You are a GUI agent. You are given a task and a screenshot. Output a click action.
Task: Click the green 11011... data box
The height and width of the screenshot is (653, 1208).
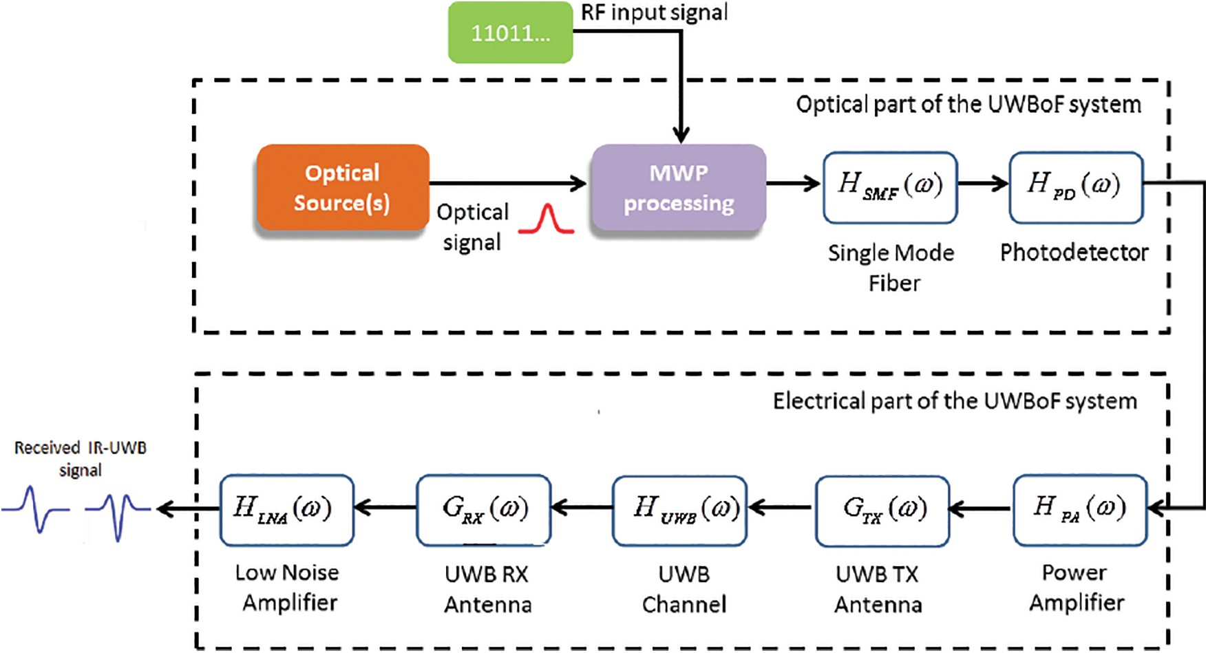tap(510, 32)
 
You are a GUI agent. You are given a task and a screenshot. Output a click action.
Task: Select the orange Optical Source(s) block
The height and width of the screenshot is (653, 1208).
tap(342, 187)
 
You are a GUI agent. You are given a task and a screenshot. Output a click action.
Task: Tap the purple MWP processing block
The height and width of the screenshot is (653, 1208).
tap(679, 187)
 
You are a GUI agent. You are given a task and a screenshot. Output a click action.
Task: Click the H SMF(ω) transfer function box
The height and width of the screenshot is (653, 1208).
tap(890, 187)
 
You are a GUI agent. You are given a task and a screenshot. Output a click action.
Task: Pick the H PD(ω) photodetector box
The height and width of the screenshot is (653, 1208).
tap(1076, 187)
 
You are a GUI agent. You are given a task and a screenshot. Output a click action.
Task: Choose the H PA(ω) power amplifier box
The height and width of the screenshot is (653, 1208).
tap(1079, 509)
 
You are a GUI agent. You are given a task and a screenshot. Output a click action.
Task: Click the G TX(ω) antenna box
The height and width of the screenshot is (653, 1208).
tap(882, 510)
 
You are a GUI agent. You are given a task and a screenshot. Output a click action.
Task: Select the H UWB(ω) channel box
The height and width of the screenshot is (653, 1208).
tap(679, 510)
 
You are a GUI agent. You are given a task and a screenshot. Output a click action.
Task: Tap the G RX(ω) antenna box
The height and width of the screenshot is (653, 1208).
tap(483, 510)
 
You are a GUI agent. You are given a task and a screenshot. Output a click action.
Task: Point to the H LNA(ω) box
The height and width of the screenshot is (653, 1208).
tap(286, 510)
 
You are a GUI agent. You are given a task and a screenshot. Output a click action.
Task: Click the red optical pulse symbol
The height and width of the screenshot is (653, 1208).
tap(546, 220)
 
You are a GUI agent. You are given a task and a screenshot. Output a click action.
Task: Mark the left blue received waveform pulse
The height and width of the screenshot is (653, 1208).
tap(36, 510)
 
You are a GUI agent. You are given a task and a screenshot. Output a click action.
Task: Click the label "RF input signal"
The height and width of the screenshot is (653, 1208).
tap(654, 12)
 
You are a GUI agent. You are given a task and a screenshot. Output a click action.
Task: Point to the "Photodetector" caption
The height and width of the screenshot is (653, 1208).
tap(1074, 253)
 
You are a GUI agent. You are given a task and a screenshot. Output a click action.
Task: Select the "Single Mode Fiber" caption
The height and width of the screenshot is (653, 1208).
tap(891, 268)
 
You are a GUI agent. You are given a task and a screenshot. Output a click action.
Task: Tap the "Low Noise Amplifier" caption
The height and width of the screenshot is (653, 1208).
tap(288, 587)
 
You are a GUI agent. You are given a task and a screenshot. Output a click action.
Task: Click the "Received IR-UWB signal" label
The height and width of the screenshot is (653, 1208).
tap(81, 458)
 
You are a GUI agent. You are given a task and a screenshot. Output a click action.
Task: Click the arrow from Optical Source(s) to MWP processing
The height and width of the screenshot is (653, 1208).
tap(508, 183)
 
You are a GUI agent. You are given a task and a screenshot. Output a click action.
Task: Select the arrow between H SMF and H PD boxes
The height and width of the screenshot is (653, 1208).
tap(983, 183)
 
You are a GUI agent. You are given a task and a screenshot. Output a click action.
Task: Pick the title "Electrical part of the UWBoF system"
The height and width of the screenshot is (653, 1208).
tap(954, 400)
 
